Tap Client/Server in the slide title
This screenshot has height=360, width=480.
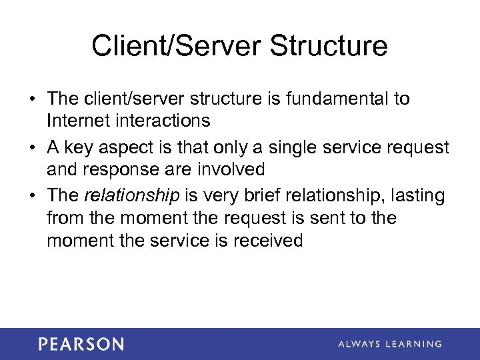point(170,46)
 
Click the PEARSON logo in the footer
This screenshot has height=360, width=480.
point(81,344)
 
